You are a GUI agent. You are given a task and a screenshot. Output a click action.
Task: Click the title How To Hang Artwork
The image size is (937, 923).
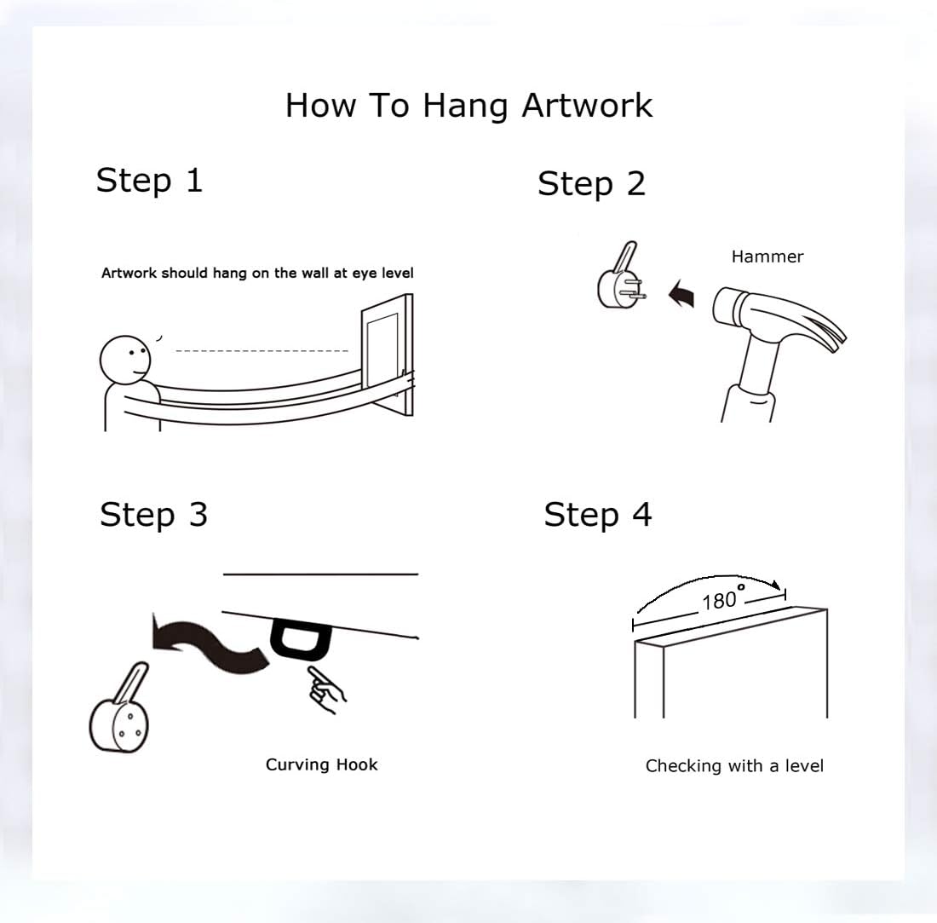coord(468,107)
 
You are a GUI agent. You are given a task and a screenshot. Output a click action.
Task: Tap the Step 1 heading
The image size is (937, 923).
coord(149,181)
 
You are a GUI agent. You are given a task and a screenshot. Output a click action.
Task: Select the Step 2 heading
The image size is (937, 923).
coord(592,183)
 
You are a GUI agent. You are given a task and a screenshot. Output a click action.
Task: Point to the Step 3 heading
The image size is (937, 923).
coord(153,515)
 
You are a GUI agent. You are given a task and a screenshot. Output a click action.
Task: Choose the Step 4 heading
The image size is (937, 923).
coord(598,515)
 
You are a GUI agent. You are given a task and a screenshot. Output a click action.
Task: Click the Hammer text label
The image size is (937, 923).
coord(767,257)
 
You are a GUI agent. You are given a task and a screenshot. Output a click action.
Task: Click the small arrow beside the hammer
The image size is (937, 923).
coord(681,293)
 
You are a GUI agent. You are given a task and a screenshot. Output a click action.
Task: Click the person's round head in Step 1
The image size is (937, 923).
coord(125,360)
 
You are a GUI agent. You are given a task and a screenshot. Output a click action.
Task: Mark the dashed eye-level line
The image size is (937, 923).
coord(262,351)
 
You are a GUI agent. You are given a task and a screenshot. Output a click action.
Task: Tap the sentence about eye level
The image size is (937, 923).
coord(257,274)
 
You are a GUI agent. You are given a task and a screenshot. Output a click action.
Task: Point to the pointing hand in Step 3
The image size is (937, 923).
coord(325,689)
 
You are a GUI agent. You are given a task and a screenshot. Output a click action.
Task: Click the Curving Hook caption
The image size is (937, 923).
coord(321,765)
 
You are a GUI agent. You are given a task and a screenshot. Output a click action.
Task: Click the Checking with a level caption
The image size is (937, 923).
coord(734,766)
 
